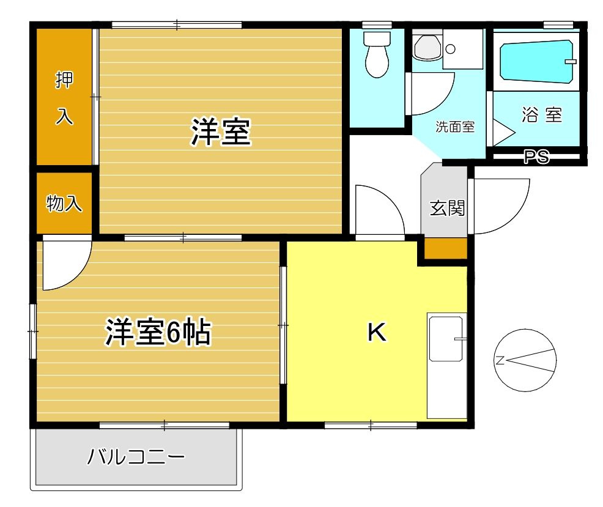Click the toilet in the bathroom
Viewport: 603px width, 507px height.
coord(377,55)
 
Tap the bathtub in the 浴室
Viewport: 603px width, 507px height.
coord(536,61)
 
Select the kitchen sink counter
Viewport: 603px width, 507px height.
coord(446,365)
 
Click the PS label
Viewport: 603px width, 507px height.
coord(536,157)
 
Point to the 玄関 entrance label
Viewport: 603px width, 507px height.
coord(447,209)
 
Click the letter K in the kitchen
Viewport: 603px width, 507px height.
coord(376,332)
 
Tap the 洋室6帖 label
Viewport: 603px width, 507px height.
coord(158,332)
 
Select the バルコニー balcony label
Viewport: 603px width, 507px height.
coord(136,457)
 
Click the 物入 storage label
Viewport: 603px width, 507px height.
coord(64,204)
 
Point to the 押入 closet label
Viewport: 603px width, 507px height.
coord(64,98)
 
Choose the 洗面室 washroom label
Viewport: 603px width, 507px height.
coord(455,127)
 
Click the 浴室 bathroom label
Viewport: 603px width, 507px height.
coord(541,114)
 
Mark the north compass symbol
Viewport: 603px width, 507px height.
coord(525,360)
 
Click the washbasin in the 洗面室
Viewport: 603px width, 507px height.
coord(427,45)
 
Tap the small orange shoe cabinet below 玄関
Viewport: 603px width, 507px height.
coord(446,249)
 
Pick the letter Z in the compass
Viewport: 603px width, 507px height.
coord(500,360)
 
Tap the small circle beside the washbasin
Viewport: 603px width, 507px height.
coord(450,48)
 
